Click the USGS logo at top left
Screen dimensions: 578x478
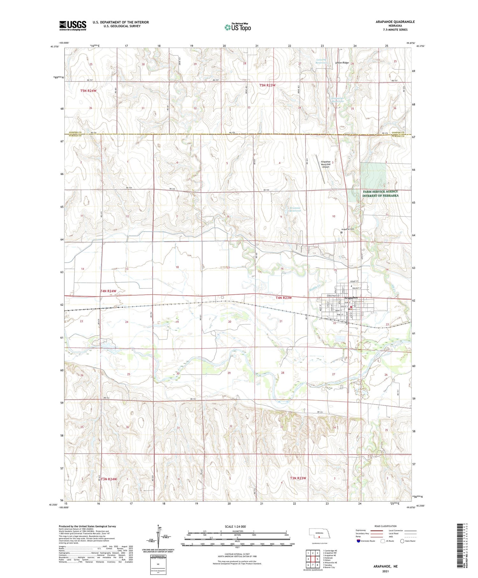73,26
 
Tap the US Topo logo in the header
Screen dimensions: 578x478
238,27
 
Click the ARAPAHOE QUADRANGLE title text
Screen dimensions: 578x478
395,22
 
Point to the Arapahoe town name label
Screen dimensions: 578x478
351,298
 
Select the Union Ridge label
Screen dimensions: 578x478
342,63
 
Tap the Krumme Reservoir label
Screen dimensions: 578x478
295,209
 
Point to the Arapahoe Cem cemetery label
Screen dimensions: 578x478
348,229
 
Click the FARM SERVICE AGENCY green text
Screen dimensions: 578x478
380,192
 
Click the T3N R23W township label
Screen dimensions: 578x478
298,478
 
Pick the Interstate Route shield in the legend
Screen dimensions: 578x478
358,541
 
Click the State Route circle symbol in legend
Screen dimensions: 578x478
402,541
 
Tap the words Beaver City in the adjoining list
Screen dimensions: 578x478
330,567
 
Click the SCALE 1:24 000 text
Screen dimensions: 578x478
235,526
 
